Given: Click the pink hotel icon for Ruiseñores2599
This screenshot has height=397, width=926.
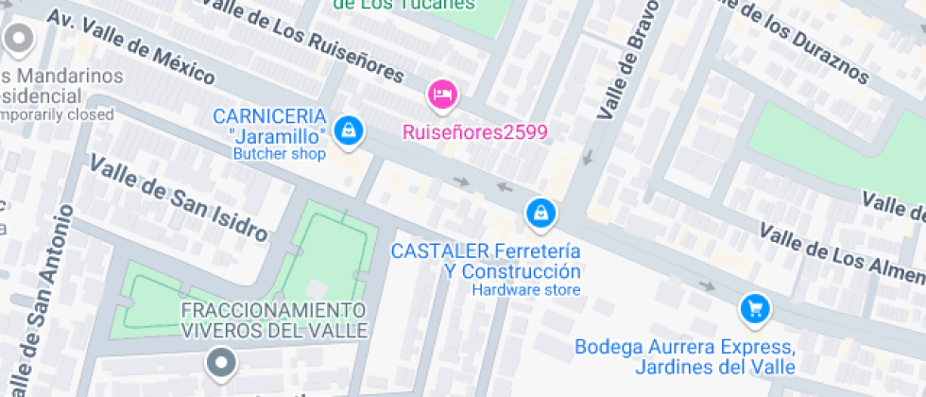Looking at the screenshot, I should coord(442,94).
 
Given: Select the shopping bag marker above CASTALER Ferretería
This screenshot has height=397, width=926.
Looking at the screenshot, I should coord(540,214).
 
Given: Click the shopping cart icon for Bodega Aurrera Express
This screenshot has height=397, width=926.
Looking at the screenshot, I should coord(754,307).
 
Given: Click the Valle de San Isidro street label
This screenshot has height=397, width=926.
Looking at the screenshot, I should coord(179,198).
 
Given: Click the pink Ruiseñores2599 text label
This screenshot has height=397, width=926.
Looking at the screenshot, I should coord(475,132).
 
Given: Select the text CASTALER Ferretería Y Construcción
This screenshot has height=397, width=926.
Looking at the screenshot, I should coord(486,261).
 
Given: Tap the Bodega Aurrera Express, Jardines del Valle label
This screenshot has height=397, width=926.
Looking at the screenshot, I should coord(685,356).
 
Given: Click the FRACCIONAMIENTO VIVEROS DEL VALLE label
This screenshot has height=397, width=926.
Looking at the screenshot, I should coord(272,320).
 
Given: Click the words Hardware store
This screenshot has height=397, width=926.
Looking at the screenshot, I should coord(526,289).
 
